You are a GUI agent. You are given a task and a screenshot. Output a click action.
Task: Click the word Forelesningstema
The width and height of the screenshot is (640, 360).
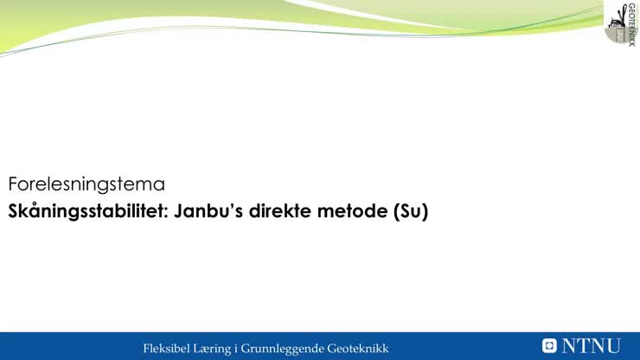(86, 184)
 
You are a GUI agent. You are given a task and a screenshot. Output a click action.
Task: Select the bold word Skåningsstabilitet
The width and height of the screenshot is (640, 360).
(86, 210)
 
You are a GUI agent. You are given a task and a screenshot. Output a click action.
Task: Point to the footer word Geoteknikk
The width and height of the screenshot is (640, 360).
(358, 348)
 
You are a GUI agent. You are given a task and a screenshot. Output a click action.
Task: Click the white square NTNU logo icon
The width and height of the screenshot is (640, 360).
(549, 346)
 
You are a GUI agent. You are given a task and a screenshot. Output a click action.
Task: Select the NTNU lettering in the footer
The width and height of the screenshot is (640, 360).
(592, 346)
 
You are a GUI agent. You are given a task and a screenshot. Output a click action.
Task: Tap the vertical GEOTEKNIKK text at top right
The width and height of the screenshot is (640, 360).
(631, 23)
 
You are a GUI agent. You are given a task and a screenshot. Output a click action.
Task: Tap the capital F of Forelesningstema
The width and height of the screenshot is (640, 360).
(14, 184)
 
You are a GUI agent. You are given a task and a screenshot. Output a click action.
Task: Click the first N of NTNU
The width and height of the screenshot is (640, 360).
(570, 346)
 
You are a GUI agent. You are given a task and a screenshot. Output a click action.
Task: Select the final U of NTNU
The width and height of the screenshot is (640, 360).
(612, 346)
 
